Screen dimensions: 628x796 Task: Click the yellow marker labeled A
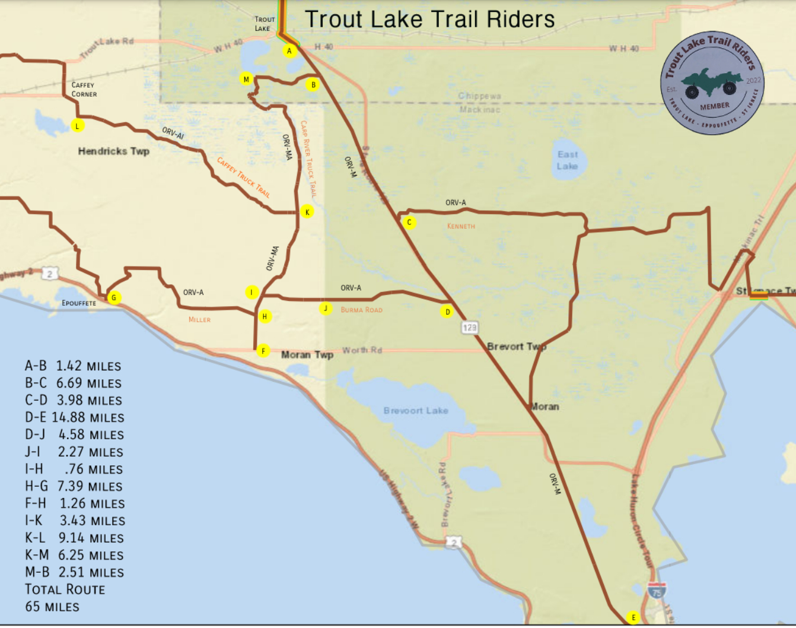pos(289,51)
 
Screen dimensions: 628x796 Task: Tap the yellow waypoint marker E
pos(633,618)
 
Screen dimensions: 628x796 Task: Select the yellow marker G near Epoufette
pos(114,298)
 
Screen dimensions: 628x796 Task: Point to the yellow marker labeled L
pos(77,126)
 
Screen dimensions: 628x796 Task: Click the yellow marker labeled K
pos(307,212)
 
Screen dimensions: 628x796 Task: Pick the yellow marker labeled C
pos(409,223)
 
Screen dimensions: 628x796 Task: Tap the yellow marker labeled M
pos(246,79)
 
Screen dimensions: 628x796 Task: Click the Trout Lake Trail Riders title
pos(430,20)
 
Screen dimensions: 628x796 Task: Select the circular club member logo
pos(712,83)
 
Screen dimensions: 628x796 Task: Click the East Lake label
pos(567,160)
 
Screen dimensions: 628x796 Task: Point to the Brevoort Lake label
pos(416,411)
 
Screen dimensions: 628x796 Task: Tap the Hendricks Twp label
pos(114,151)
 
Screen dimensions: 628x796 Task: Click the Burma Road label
pos(361,310)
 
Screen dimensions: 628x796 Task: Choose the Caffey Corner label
pos(84,90)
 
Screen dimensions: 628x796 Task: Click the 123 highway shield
pos(470,327)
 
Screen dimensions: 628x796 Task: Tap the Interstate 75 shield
pos(656,591)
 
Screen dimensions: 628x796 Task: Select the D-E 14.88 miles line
pos(75,418)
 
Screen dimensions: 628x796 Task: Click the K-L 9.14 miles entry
pos(75,538)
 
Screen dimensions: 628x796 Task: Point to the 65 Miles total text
pos(52,607)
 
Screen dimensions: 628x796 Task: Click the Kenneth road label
pos(461,226)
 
